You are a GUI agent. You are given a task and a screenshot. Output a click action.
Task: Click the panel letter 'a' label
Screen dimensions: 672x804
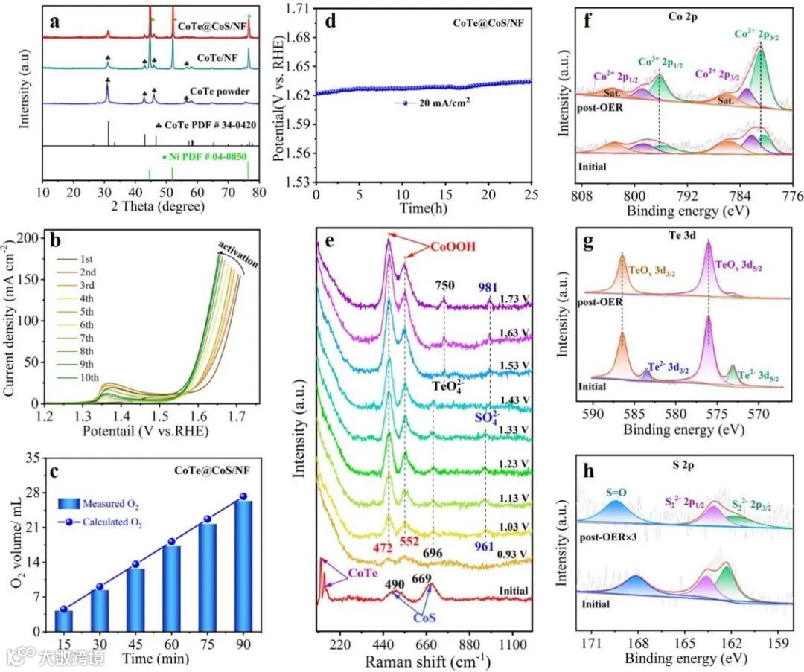pos(54,22)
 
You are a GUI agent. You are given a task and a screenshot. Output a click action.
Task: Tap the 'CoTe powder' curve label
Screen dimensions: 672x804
pos(220,92)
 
